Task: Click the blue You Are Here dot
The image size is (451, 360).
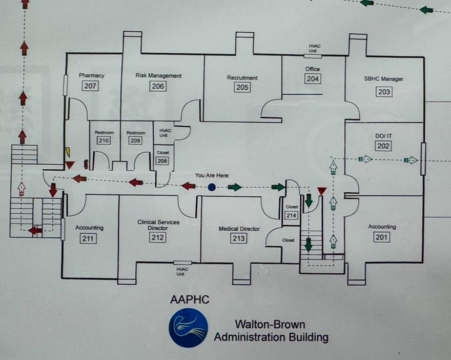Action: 212,187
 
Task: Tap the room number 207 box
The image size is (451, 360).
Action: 90,86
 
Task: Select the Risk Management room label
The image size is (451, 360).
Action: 158,76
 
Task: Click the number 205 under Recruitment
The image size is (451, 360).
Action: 242,88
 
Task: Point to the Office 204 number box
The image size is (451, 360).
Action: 313,79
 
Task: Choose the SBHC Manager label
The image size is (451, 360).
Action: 383,79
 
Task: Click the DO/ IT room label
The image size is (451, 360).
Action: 383,136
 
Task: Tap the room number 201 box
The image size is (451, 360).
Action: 381,237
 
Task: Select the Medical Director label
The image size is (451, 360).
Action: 239,229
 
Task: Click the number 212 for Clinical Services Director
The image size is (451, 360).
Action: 158,237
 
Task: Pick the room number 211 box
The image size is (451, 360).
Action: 88,238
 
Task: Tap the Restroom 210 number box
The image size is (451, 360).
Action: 104,141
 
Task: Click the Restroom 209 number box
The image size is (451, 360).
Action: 135,141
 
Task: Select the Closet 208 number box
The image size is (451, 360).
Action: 162,161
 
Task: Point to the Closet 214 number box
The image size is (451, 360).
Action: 291,215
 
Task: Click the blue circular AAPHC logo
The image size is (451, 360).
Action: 189,328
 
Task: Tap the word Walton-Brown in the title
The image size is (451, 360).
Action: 270,324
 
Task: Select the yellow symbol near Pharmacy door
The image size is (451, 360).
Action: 68,152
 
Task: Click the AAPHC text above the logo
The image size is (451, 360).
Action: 190,299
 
